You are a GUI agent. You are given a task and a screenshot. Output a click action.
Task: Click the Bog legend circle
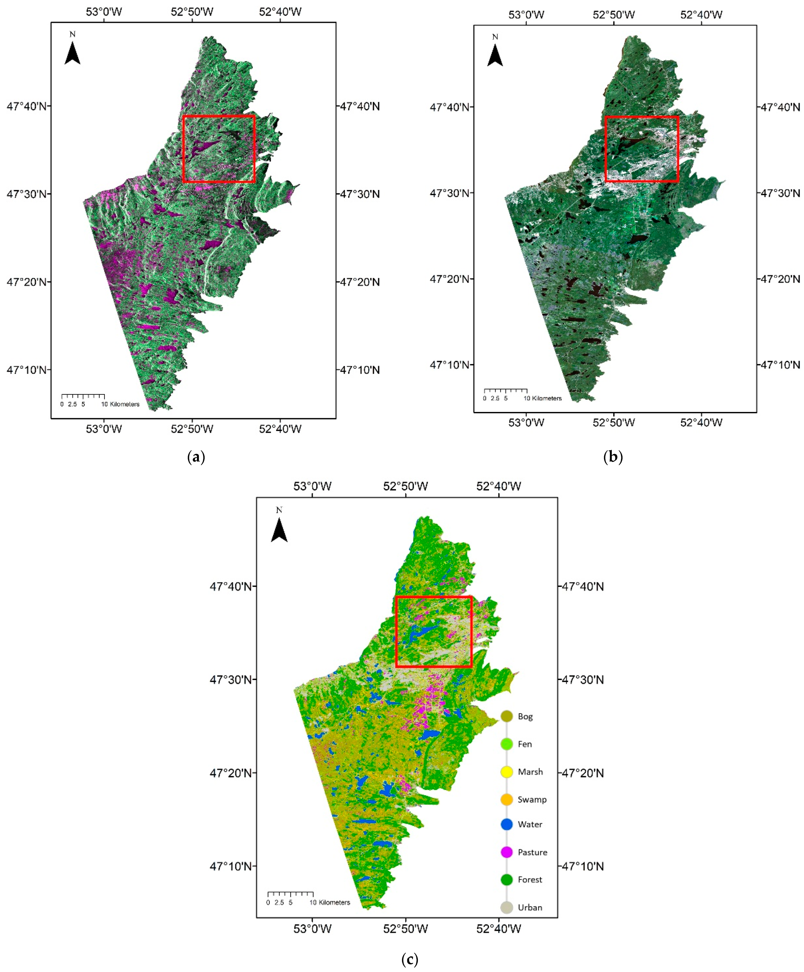pyautogui.click(x=506, y=716)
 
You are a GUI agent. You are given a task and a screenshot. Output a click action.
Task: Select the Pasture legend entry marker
pyautogui.click(x=506, y=852)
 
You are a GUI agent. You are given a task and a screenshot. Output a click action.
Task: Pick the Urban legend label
pyautogui.click(x=530, y=907)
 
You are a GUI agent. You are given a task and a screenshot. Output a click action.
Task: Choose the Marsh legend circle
pyautogui.click(x=506, y=772)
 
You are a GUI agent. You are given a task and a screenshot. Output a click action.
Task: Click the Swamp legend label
pyautogui.click(x=532, y=799)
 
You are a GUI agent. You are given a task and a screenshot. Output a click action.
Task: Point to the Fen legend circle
pyautogui.click(x=506, y=744)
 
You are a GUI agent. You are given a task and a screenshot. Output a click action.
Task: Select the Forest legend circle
pyautogui.click(x=506, y=879)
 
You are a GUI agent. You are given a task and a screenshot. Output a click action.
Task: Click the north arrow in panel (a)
pyautogui.click(x=72, y=52)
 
